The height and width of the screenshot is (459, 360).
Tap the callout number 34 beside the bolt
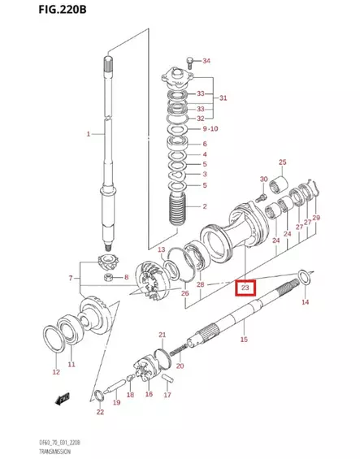tap(206, 61)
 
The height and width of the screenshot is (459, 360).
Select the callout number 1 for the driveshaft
tap(89, 132)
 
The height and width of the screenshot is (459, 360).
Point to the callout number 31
tap(223, 99)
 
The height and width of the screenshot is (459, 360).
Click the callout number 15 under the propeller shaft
tap(244, 340)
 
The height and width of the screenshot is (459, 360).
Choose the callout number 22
tap(100, 413)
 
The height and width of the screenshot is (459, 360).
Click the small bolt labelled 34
tap(189, 60)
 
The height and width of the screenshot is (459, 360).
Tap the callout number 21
tap(162, 336)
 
